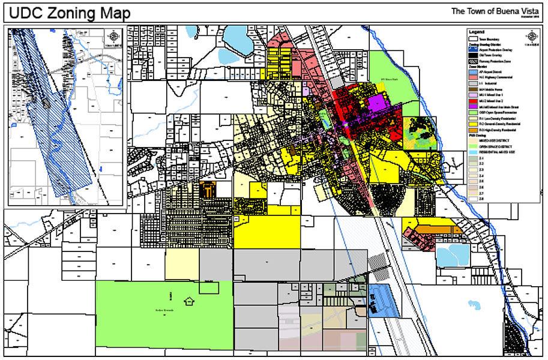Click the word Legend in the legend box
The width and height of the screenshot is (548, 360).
[x=477, y=31]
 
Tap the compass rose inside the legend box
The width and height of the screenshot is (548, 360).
[x=531, y=37]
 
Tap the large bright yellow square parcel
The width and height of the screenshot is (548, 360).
[x=266, y=232]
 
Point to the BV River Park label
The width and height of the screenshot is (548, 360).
[x=390, y=79]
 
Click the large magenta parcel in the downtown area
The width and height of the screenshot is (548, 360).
[x=376, y=103]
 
